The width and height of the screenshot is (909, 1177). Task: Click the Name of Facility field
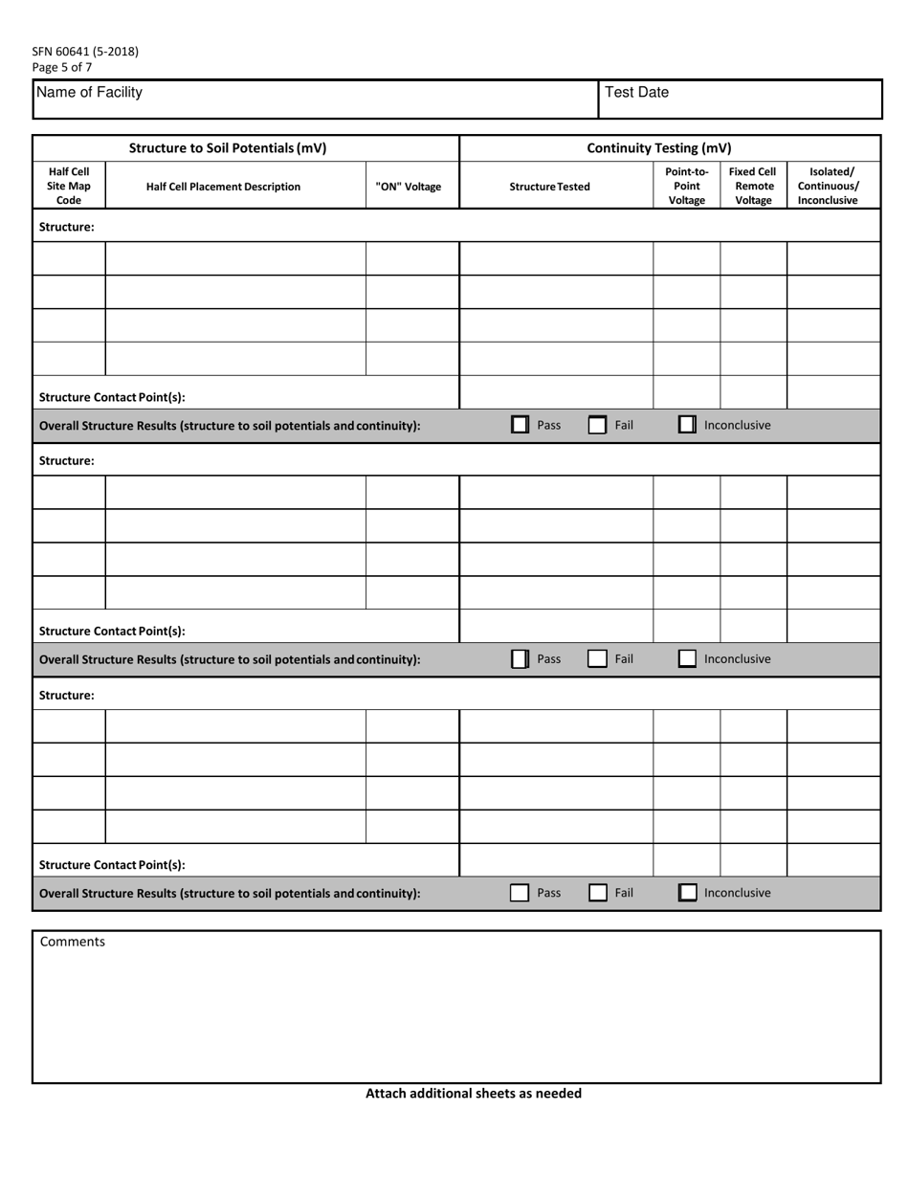pos(316,100)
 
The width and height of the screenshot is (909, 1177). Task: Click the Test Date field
pos(739,100)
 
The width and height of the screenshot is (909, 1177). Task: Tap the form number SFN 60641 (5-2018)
pos(85,52)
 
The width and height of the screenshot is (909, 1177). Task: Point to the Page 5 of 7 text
pos(62,67)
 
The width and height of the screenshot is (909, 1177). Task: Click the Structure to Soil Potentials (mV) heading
pos(228,148)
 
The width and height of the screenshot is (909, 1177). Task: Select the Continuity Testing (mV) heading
pos(658,148)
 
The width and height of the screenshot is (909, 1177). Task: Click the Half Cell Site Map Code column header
pos(69,187)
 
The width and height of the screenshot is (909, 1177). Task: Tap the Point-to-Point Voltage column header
pos(686,187)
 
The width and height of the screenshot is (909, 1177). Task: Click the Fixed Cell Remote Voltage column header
pos(752,187)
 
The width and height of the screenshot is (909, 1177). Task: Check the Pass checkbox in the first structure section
pos(521,425)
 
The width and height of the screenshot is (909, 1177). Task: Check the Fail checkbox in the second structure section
pos(597,659)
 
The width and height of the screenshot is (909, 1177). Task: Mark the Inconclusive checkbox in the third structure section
pos(687,893)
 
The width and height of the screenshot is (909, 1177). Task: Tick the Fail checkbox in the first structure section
pos(597,425)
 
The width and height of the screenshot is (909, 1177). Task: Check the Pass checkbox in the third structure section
pos(520,893)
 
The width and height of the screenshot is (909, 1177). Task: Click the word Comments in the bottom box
pos(73,942)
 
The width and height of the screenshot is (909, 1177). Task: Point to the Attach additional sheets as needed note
pos(473,1093)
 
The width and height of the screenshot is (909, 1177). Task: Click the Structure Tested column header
pos(549,188)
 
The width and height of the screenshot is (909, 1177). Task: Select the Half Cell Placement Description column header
pos(223,188)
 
